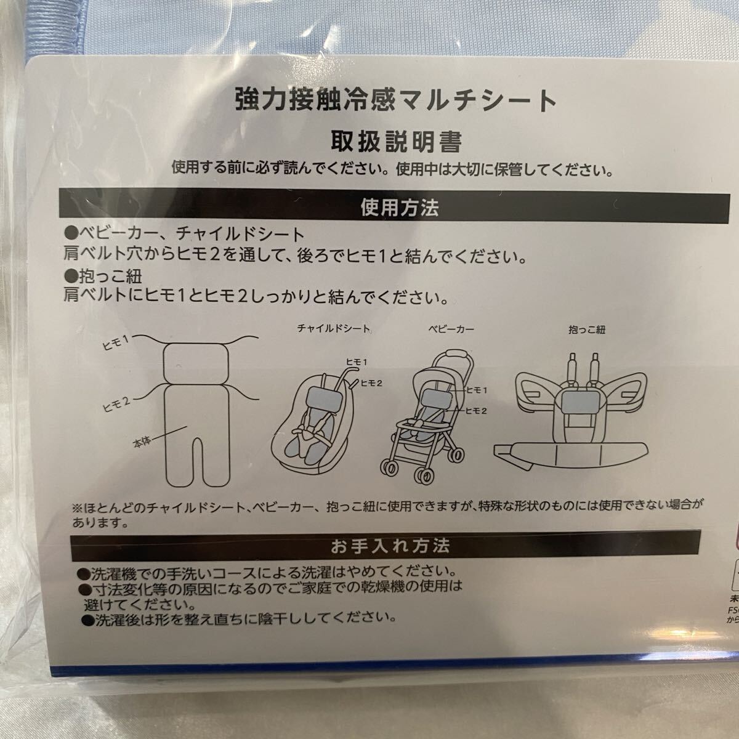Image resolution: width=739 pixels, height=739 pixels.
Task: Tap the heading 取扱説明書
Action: [x=396, y=142]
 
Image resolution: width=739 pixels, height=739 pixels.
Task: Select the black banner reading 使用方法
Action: [x=395, y=208]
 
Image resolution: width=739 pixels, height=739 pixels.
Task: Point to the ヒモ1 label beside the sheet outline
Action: [x=116, y=342]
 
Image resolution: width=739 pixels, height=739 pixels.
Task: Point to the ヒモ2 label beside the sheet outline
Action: [x=117, y=404]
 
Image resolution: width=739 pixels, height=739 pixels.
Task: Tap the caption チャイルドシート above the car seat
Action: [x=333, y=328]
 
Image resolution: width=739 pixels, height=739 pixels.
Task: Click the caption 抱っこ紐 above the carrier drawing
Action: [x=587, y=329]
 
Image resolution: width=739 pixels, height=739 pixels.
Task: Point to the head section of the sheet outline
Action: [x=196, y=362]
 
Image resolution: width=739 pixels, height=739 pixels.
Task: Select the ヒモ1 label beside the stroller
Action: [x=476, y=390]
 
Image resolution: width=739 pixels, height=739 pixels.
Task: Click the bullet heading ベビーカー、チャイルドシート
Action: [x=185, y=234]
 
